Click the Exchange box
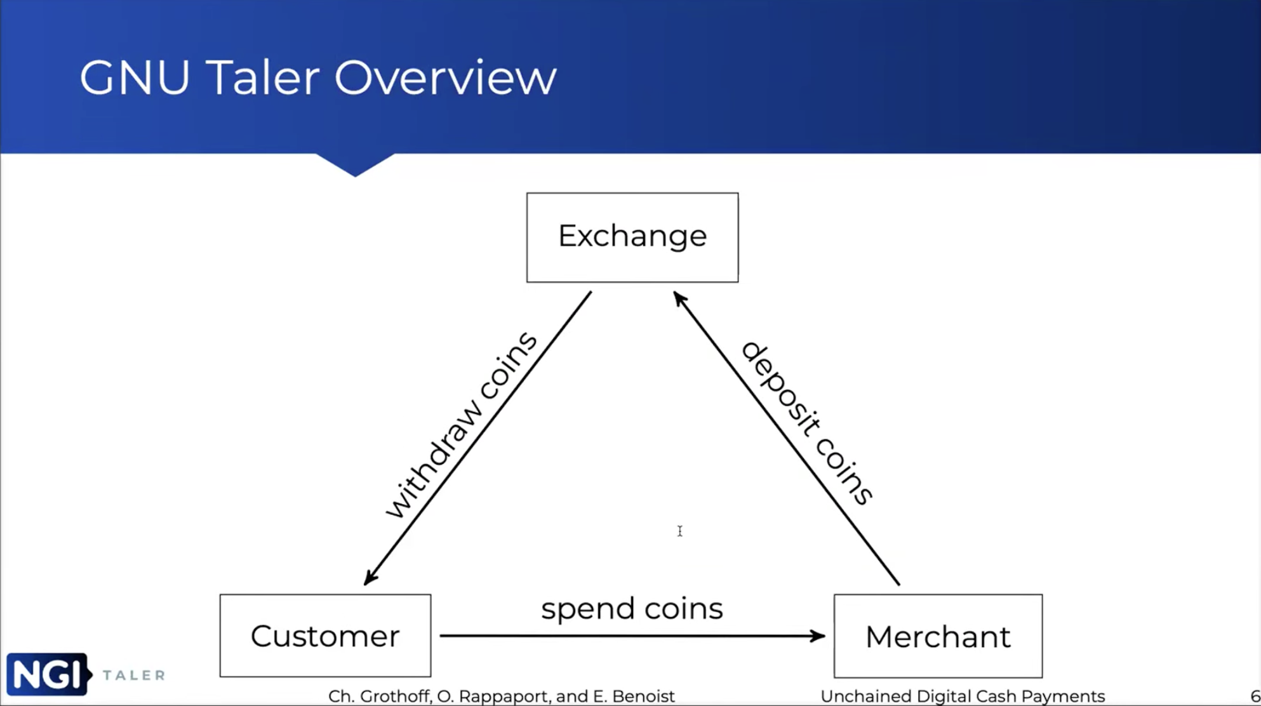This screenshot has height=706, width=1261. [632, 237]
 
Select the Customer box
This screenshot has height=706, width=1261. [325, 636]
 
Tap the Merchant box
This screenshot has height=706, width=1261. [938, 636]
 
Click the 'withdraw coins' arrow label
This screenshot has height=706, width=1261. [462, 425]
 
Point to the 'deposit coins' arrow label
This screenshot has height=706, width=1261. [807, 423]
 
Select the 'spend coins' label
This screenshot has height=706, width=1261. [632, 608]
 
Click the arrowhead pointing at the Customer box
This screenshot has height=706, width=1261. [370, 576]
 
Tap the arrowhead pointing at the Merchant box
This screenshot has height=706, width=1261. [818, 636]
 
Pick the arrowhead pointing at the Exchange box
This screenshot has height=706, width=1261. [679, 299]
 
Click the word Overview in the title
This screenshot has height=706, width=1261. [446, 78]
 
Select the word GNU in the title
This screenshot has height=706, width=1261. [135, 78]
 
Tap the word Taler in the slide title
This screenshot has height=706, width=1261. [262, 77]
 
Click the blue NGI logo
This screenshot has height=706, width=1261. [48, 674]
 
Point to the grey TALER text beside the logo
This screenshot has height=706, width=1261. [134, 675]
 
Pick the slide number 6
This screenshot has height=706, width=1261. [1255, 696]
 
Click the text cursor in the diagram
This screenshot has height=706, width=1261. [680, 531]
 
